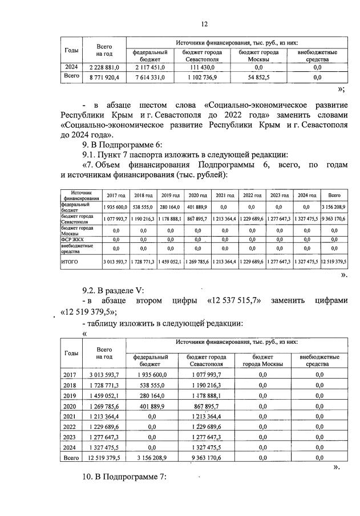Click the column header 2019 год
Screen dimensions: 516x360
(x=169, y=195)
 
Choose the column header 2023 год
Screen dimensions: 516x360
(x=280, y=195)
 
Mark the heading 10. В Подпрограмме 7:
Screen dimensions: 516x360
(x=126, y=477)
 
